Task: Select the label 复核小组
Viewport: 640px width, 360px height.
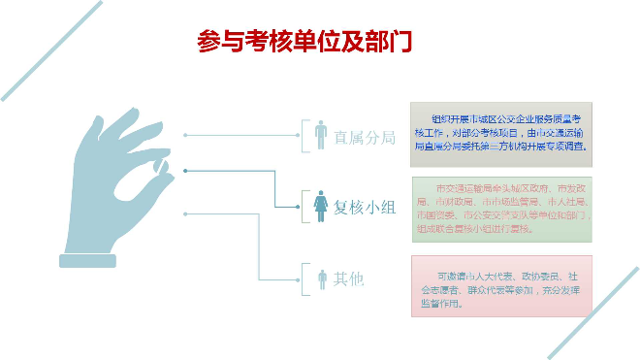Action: [366, 207]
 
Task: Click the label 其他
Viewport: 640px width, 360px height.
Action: [349, 279]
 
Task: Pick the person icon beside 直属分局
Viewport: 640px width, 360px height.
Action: [321, 135]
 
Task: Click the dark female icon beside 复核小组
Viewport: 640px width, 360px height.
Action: [321, 206]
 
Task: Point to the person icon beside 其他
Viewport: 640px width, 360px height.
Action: [322, 279]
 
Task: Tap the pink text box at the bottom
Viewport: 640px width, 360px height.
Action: [500, 285]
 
